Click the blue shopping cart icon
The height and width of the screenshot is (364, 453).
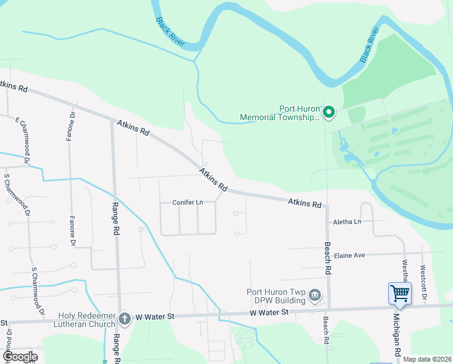tap(400, 294)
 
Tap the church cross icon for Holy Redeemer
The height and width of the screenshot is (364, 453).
tap(124, 317)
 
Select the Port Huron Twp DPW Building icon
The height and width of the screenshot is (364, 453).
tap(315, 296)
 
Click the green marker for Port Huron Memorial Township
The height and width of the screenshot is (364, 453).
tap(328, 112)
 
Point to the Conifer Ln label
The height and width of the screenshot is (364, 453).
tap(187, 203)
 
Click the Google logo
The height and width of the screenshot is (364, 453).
tap(20, 357)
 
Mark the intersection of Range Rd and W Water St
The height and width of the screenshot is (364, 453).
tap(120, 318)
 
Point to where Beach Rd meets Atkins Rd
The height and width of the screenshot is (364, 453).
tap(327, 207)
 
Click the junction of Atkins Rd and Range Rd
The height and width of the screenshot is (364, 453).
tap(113, 120)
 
